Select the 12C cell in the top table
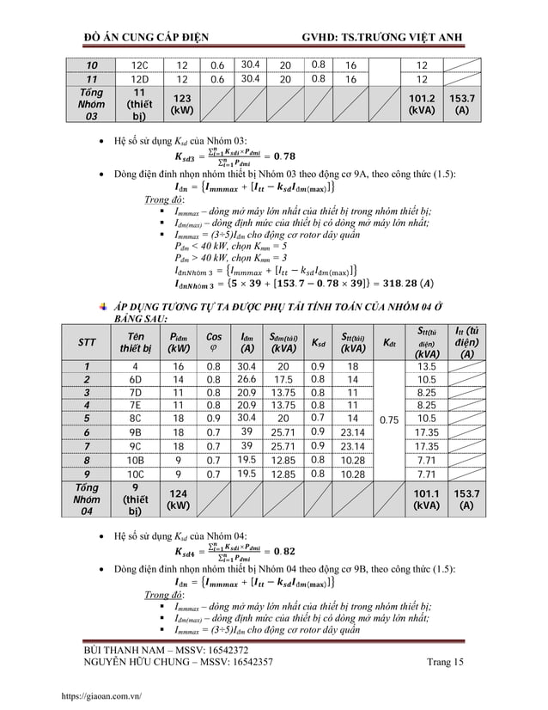tap(142, 64)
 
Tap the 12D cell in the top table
tap(142, 79)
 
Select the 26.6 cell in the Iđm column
tap(247, 379)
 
